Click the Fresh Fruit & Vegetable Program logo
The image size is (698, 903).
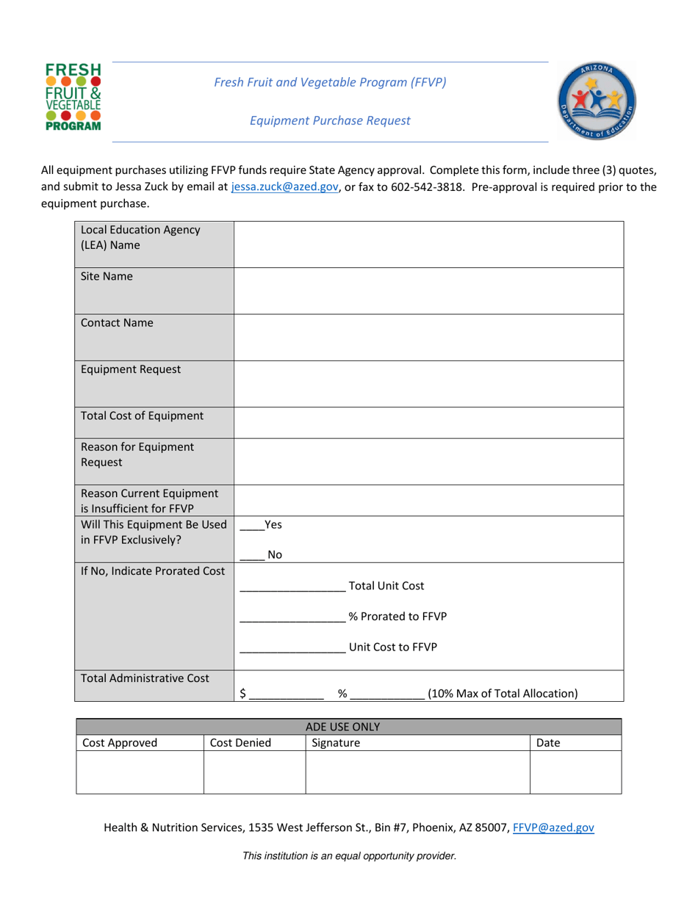(x=73, y=97)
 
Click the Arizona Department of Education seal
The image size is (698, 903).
(x=597, y=101)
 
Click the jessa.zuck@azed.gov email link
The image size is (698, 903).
(x=284, y=187)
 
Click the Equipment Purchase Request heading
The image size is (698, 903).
(x=330, y=120)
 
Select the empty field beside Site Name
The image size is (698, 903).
(x=428, y=291)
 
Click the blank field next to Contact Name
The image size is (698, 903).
(x=428, y=337)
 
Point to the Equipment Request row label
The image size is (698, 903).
(x=131, y=369)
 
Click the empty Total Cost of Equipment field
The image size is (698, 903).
(x=428, y=423)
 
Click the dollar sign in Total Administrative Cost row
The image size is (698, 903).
(x=243, y=693)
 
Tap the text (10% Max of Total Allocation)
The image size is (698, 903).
(x=503, y=693)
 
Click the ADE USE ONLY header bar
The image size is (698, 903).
(x=349, y=727)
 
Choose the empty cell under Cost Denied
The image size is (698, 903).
(x=254, y=772)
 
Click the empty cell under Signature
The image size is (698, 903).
(x=417, y=772)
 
